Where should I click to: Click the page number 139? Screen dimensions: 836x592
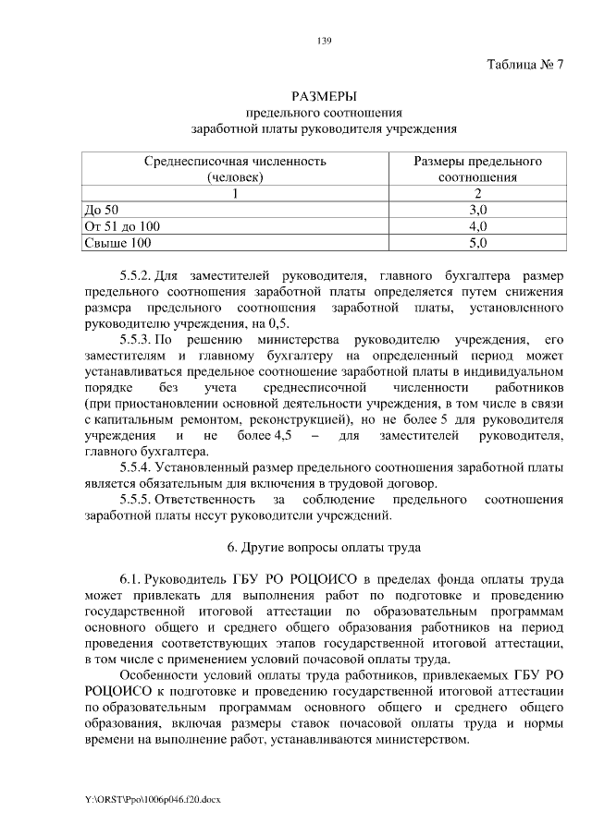(324, 41)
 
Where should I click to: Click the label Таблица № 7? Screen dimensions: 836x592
(524, 64)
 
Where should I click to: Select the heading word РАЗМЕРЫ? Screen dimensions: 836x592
(323, 96)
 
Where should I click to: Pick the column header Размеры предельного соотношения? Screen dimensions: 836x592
(477, 169)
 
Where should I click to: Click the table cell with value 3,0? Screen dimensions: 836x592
(477, 210)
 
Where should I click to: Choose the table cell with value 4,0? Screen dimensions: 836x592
(477, 226)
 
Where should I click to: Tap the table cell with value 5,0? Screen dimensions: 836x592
(477, 243)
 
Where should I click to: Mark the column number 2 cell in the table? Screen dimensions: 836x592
(477, 193)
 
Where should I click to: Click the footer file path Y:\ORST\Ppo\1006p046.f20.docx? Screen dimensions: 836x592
(153, 796)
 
